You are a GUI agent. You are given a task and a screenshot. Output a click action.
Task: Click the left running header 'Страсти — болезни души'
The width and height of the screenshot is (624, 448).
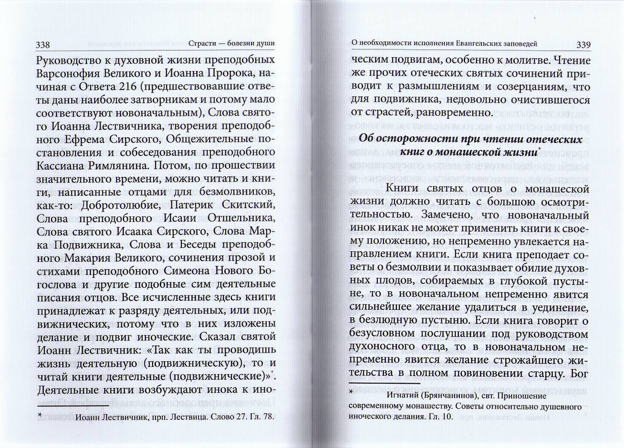pos(231,44)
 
